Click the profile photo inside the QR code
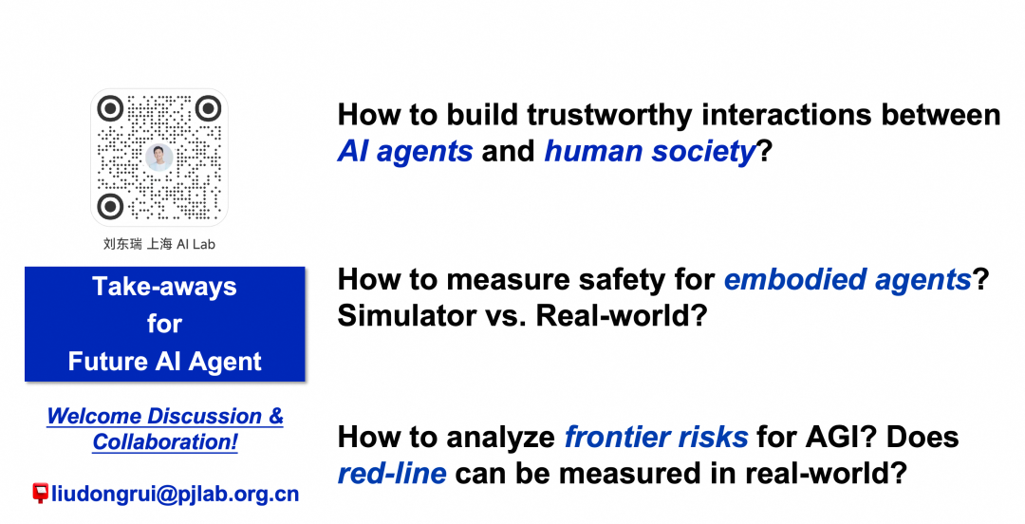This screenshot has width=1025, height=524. point(158,158)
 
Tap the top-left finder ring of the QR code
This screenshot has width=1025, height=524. point(110,108)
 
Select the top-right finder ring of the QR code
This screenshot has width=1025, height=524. point(208,108)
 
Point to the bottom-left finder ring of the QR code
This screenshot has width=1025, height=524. point(110,206)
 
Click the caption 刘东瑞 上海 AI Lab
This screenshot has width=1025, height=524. point(158,244)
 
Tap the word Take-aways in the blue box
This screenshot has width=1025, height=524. point(165,287)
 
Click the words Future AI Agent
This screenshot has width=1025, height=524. point(165,361)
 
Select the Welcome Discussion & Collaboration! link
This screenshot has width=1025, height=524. point(165,428)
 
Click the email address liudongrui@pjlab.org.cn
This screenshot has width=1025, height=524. point(176,494)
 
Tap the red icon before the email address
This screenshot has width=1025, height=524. point(41,493)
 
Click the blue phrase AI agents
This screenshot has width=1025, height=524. point(405,152)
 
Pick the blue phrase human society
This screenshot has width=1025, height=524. point(650,152)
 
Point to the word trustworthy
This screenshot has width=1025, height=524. point(609,115)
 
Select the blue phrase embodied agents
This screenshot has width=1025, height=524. point(848,280)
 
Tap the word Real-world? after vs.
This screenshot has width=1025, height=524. point(622,316)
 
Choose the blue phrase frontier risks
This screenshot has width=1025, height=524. point(657,437)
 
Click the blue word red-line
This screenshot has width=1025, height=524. point(392,474)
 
